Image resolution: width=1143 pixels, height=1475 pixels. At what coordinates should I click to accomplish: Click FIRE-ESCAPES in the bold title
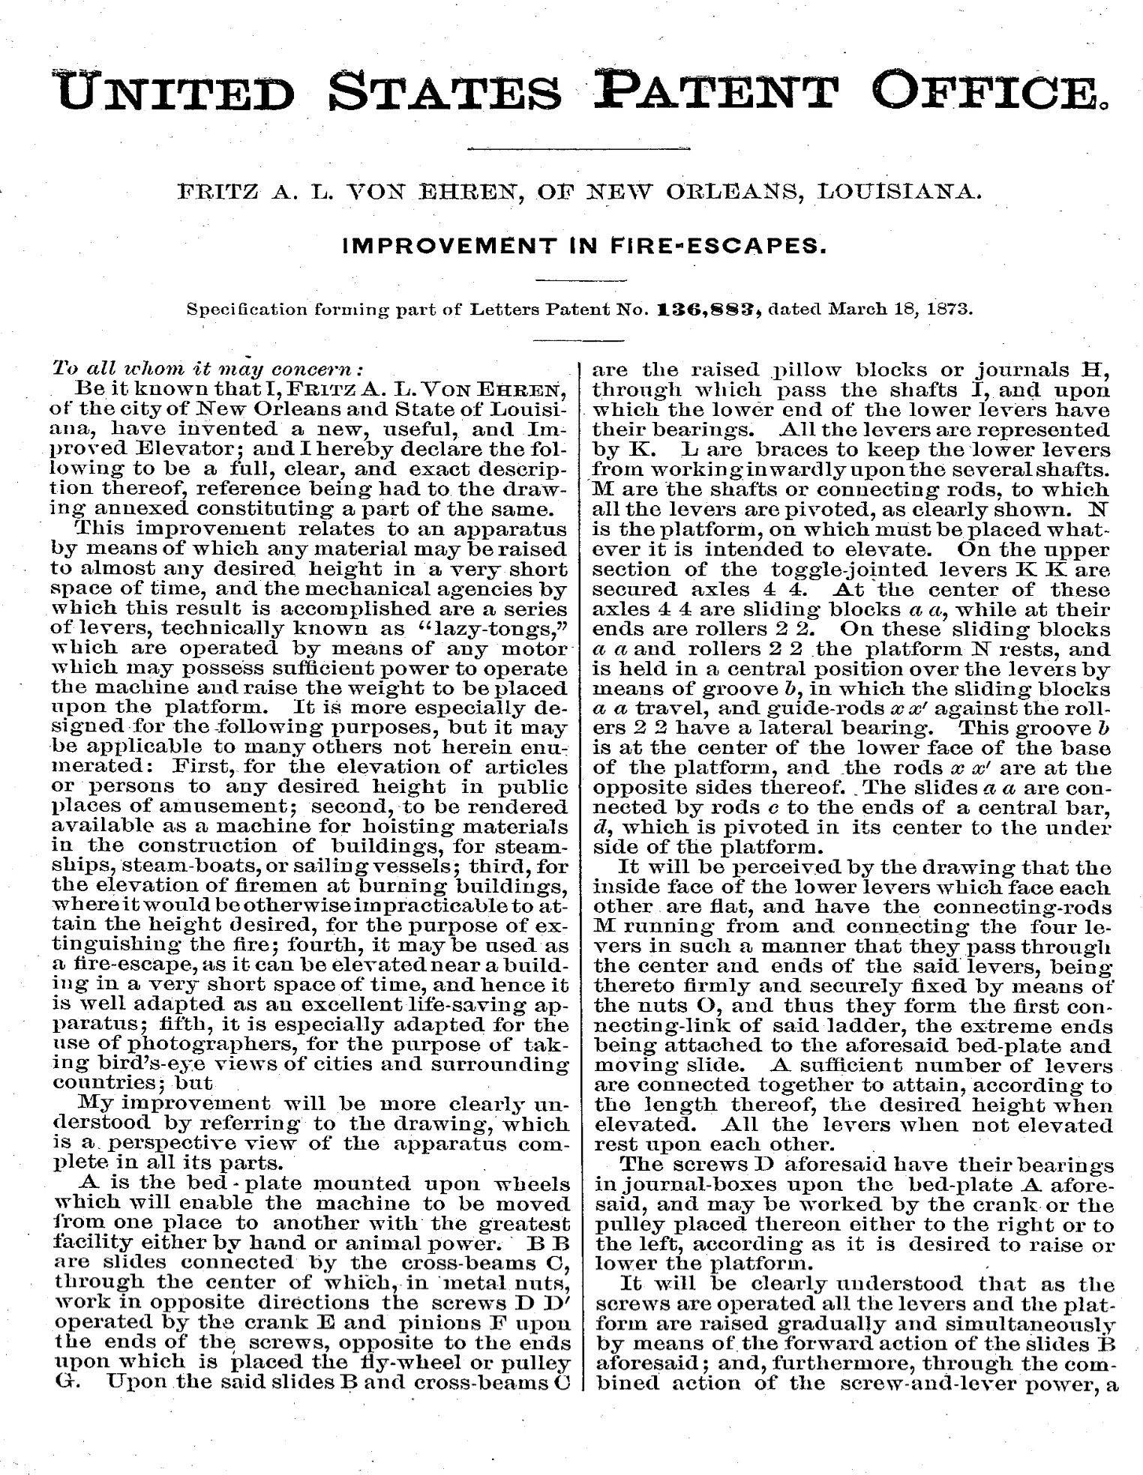click(x=718, y=245)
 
